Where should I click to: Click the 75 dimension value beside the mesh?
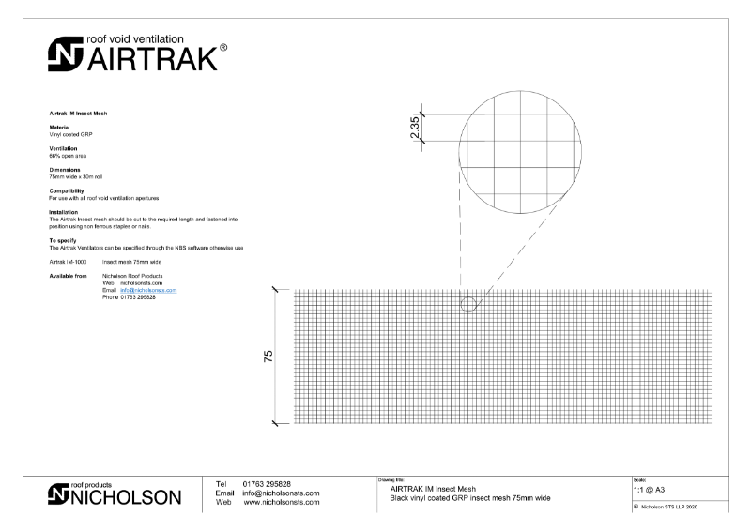[268, 357]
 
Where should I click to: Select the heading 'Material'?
[59, 128]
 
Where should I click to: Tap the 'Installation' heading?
[64, 212]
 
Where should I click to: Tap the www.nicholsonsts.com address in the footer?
[282, 503]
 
